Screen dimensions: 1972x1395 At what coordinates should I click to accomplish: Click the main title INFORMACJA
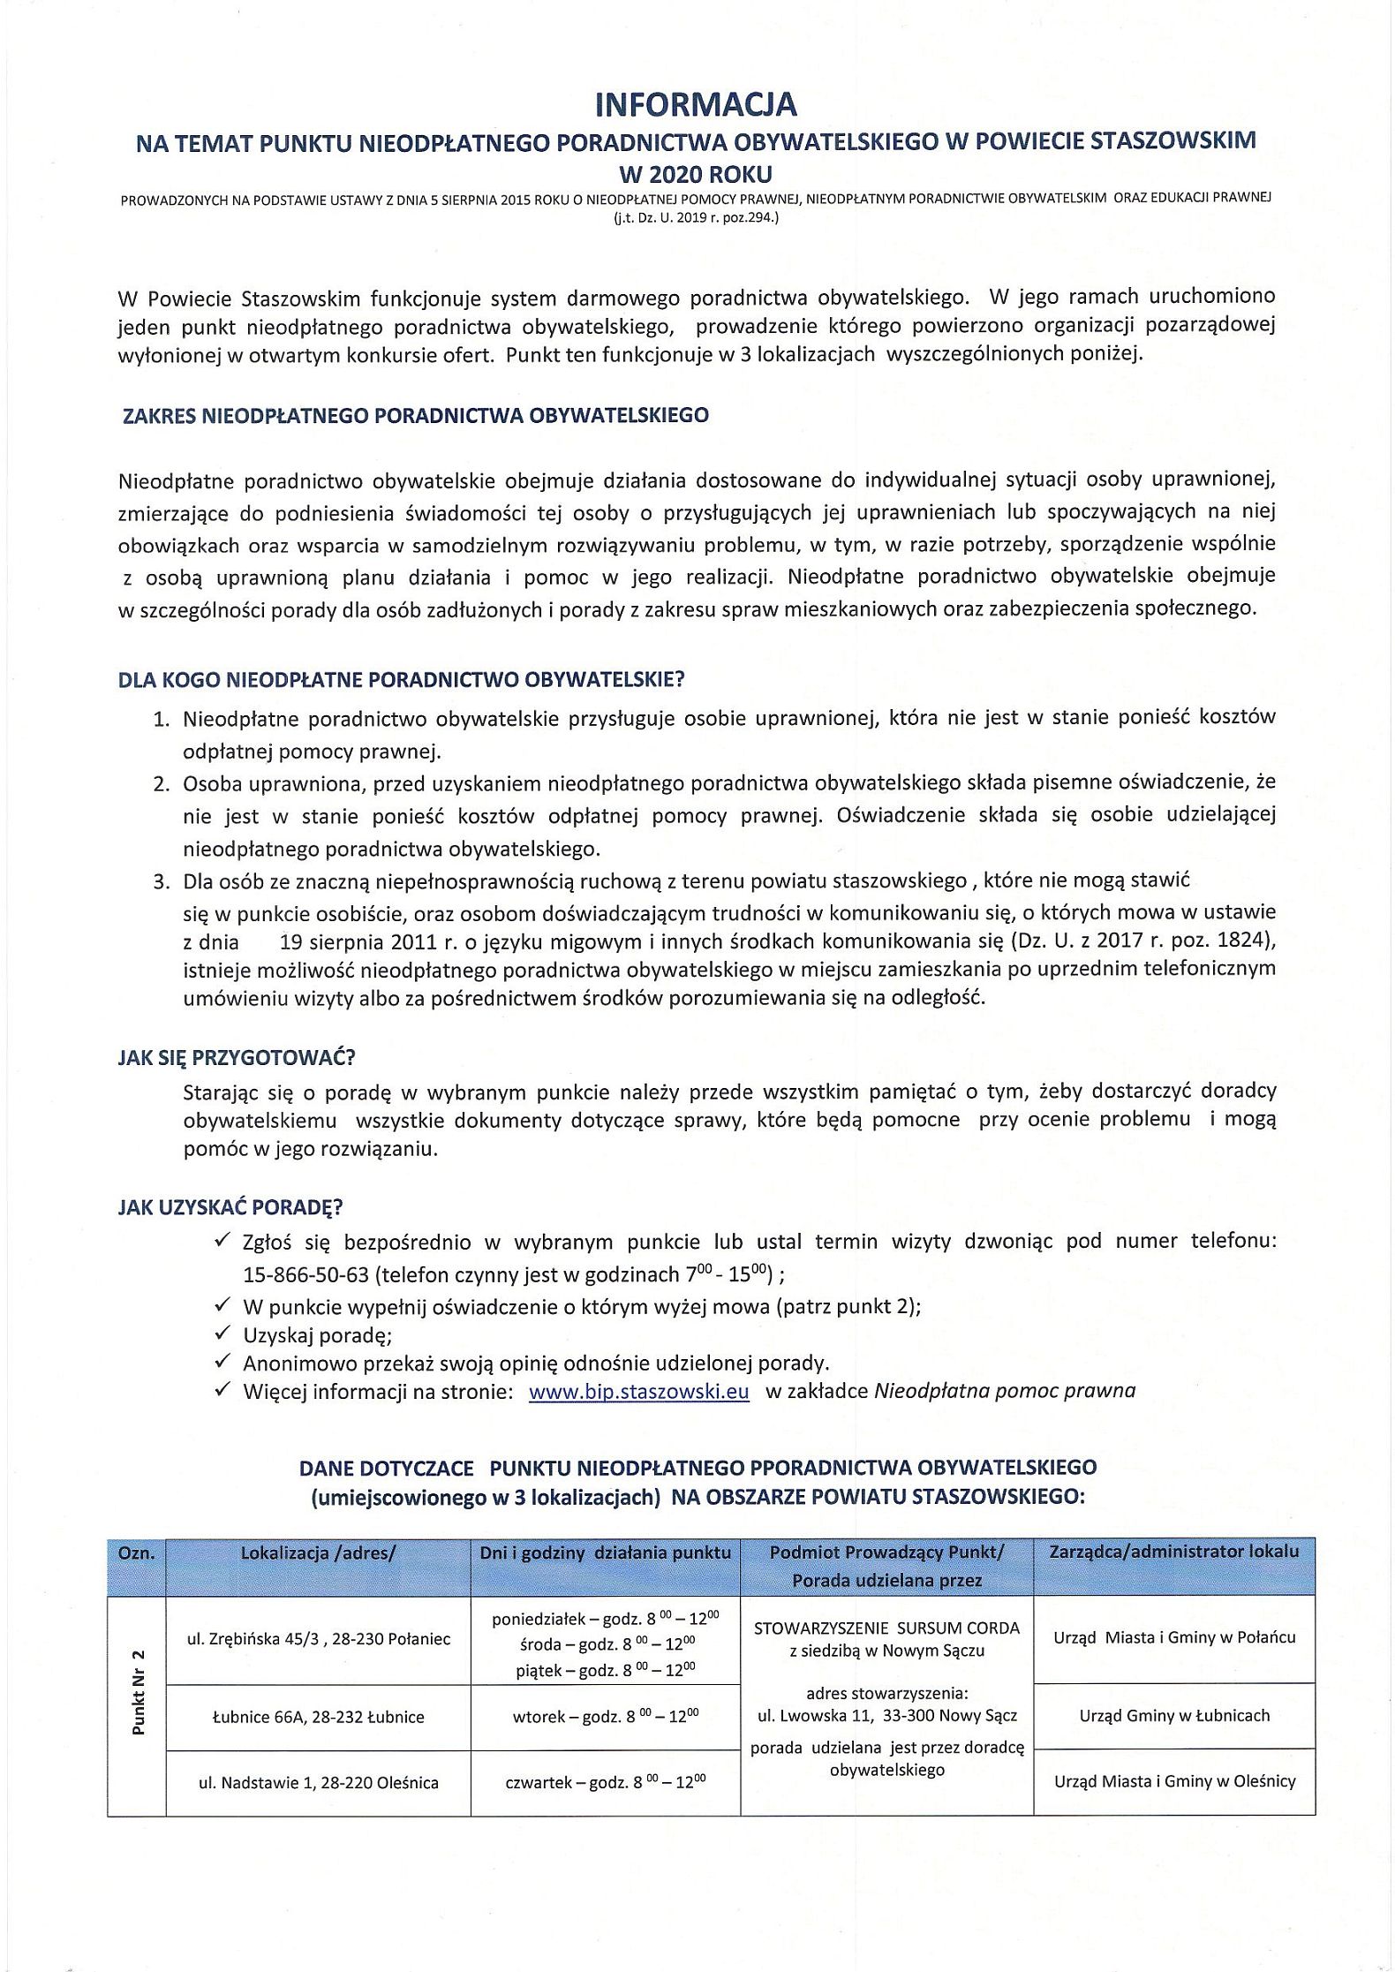[697, 104]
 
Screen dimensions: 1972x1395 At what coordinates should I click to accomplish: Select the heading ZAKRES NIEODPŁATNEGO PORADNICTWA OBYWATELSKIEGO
[415, 415]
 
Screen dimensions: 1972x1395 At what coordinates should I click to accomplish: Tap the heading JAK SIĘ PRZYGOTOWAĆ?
[236, 1057]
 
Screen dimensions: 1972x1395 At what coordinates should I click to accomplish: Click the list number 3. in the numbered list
[161, 881]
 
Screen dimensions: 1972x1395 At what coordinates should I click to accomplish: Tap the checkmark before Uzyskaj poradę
[222, 1334]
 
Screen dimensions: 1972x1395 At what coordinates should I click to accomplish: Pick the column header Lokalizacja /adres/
[318, 1553]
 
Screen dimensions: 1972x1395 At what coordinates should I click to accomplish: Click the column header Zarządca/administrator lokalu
[1173, 1552]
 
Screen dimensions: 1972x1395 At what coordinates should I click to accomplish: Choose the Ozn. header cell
[137, 1553]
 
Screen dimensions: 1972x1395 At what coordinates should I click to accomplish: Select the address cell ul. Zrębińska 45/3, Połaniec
[318, 1639]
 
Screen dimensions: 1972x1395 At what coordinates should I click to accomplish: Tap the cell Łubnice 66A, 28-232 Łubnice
[318, 1718]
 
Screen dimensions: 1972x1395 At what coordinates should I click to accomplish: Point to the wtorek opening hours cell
[606, 1718]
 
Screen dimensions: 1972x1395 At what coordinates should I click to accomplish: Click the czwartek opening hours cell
[606, 1782]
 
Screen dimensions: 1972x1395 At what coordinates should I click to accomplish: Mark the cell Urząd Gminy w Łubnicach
[1174, 1716]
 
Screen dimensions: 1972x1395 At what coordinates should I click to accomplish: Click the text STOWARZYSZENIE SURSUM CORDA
[886, 1628]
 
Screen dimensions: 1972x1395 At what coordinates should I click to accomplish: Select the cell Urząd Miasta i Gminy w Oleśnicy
[1174, 1781]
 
